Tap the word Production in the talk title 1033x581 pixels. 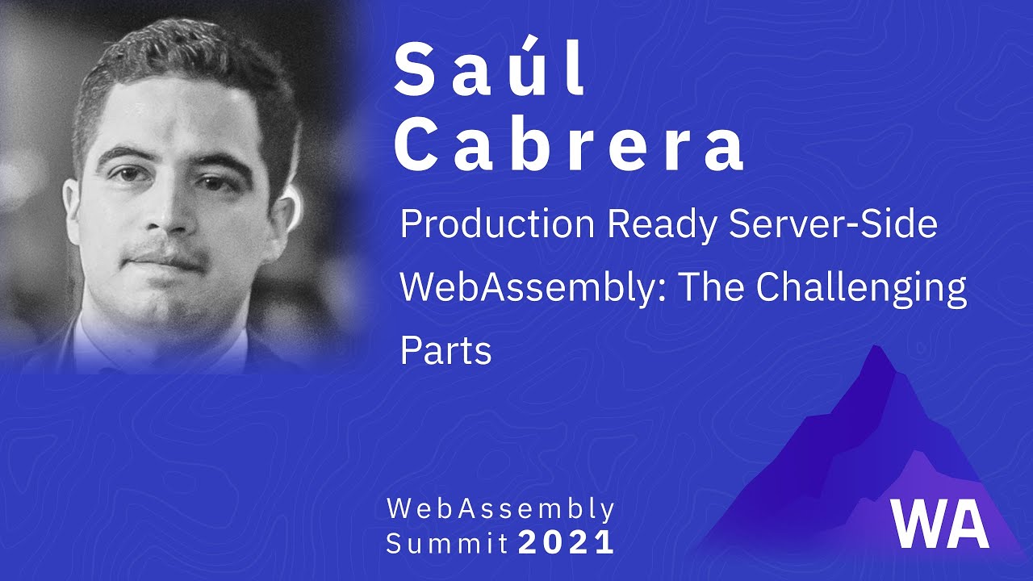[499, 226]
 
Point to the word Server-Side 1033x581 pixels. [833, 226]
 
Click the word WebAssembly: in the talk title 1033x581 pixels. [533, 289]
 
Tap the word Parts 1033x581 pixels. [445, 352]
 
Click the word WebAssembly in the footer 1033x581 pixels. [500, 509]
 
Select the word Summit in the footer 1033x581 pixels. [447, 543]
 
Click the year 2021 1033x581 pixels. [567, 543]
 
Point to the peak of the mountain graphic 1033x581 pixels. [875, 351]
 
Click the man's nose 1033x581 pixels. [169, 214]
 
